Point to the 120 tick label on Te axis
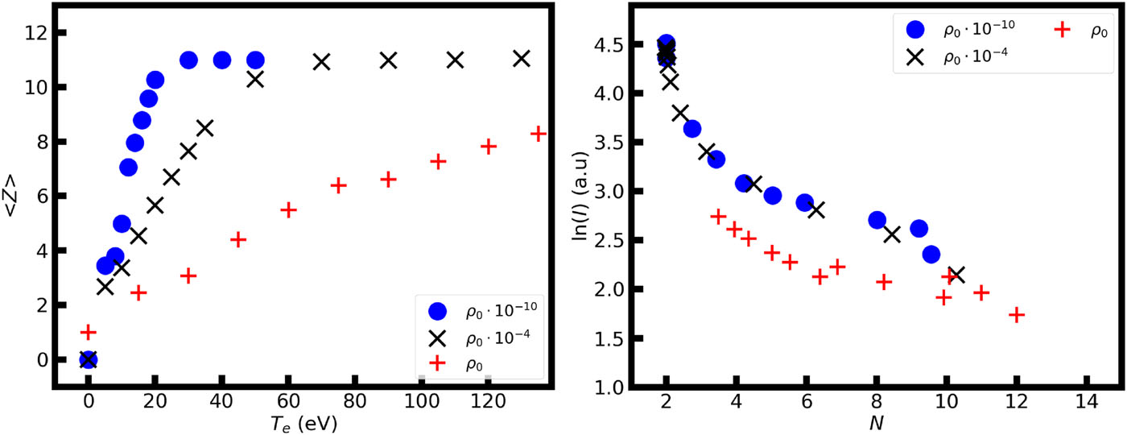click(486, 400)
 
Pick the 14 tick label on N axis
click(1087, 400)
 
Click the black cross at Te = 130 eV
click(522, 59)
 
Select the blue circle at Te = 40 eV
click(222, 60)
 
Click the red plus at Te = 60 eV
click(289, 210)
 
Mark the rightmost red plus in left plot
click(539, 134)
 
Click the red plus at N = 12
click(1017, 315)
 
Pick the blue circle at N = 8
click(877, 220)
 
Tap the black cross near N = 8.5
click(892, 234)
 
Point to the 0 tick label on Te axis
click(89, 400)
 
